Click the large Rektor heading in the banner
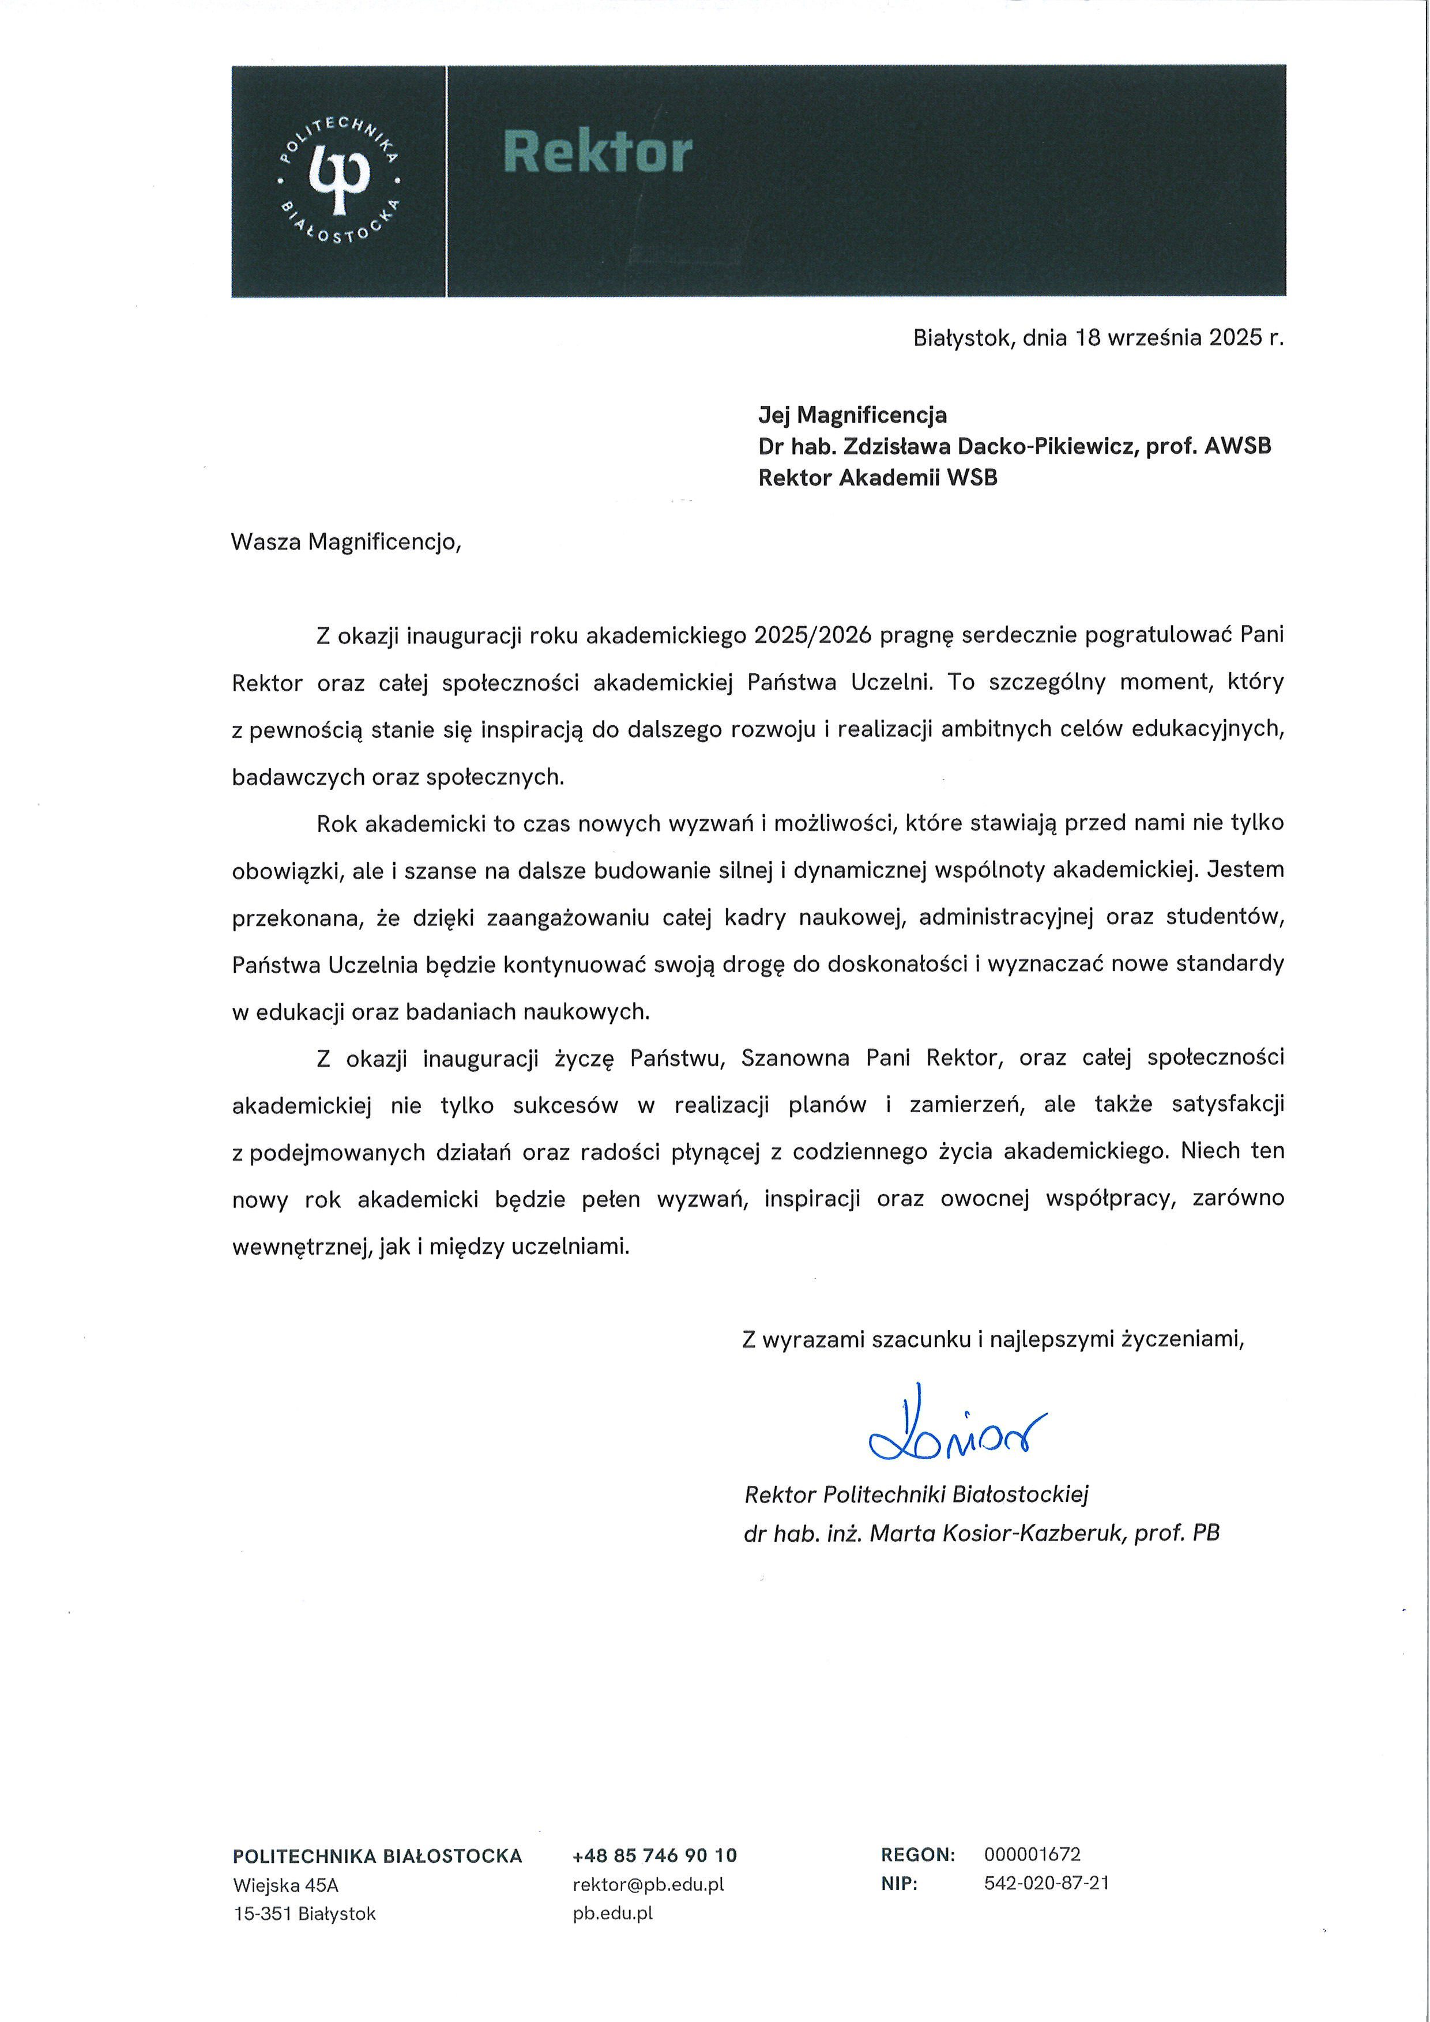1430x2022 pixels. (598, 152)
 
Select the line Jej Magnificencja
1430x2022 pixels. (852, 415)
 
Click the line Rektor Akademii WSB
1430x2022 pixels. (877, 478)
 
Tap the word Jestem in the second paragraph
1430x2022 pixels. (1245, 870)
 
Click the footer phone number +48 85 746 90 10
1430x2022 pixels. (654, 1855)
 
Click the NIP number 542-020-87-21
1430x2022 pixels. (1046, 1883)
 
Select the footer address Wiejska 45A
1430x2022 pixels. (285, 1885)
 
